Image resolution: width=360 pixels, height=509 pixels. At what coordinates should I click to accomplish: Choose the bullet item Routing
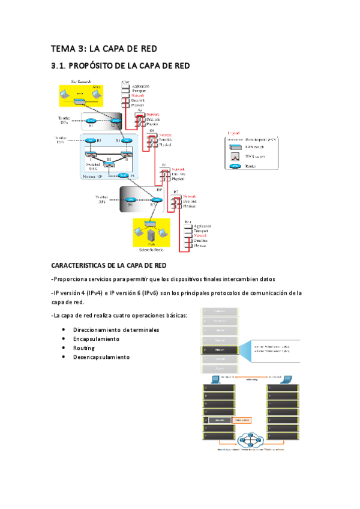click(84, 348)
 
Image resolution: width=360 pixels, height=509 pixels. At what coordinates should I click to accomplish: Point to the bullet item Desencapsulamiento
click(101, 357)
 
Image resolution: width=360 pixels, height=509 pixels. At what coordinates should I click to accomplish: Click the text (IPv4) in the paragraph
click(94, 293)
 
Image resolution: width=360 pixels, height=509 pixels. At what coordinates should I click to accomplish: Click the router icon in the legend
click(235, 166)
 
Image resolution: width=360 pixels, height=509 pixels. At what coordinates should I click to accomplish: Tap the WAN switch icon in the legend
click(235, 156)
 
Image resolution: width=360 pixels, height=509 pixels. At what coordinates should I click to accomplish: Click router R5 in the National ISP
click(123, 175)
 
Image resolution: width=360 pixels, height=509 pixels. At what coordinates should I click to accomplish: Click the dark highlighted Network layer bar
click(220, 348)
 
